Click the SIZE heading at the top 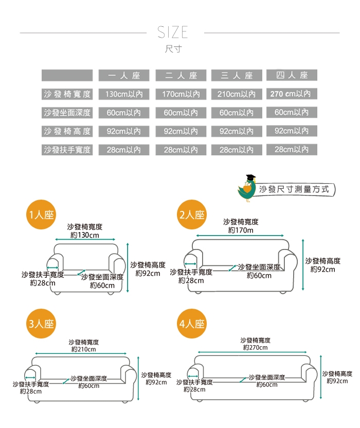click(173, 33)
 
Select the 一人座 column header click(124, 75)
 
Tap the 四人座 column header click(292, 75)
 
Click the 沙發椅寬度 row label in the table click(67, 94)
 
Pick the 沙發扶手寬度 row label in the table click(67, 150)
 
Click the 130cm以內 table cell click(124, 94)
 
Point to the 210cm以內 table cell click(236, 94)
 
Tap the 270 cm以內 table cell click(292, 94)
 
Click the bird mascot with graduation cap click(248, 187)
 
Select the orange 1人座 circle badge click(42, 215)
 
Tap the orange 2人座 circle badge click(192, 215)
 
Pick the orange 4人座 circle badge click(192, 324)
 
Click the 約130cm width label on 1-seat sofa click(84, 235)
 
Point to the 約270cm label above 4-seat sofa click(255, 348)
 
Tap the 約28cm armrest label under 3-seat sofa click(31, 391)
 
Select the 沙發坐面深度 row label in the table click(67, 113)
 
